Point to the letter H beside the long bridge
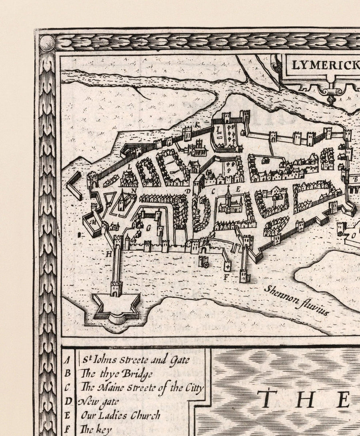point(108,253)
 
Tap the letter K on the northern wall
point(197,125)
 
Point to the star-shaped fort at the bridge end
point(116,308)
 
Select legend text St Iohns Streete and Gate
point(136,360)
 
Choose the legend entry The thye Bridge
point(116,374)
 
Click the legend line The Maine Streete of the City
point(142,387)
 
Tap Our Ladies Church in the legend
point(120,415)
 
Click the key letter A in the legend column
point(68,360)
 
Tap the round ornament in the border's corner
point(47,42)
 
